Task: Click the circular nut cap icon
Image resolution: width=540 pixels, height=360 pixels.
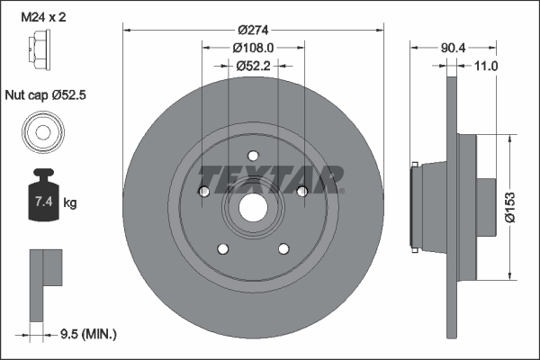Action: pyautogui.click(x=42, y=132)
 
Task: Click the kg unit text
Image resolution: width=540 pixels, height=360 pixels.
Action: pyautogui.click(x=70, y=203)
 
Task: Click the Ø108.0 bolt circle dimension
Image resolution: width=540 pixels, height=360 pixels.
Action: pyautogui.click(x=253, y=46)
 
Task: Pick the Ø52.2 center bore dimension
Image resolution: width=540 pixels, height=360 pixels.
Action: pyautogui.click(x=253, y=65)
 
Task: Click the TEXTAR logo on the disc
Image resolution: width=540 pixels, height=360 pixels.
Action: pyautogui.click(x=270, y=177)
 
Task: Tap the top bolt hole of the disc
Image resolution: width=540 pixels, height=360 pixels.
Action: pyautogui.click(x=253, y=154)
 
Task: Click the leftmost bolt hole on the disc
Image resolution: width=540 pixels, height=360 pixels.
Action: pyautogui.click(x=203, y=191)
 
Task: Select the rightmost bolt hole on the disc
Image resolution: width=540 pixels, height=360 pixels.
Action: pyautogui.click(x=302, y=189)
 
